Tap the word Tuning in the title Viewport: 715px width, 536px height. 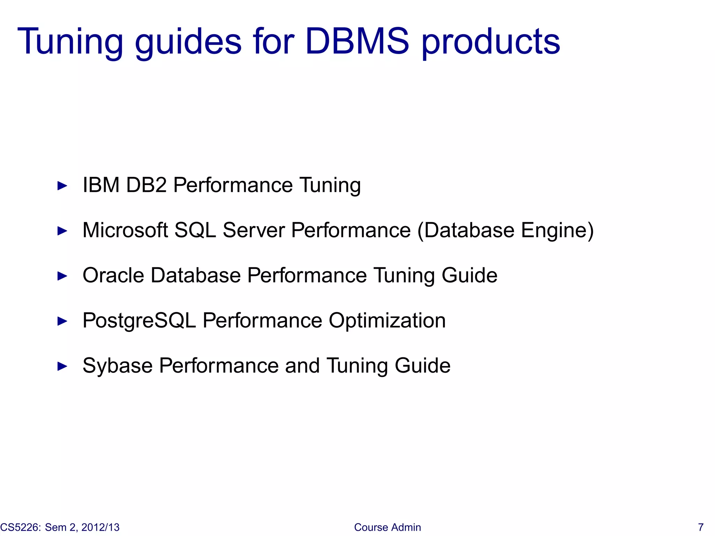70,42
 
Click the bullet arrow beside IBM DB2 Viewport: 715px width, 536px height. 62,186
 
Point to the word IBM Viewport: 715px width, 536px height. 101,185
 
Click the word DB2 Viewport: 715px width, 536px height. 146,185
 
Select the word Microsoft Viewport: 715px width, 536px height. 125,230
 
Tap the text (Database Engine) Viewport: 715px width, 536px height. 506,230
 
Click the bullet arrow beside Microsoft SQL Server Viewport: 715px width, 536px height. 62,231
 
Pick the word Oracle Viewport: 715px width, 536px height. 113,275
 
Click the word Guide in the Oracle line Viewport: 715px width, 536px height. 469,275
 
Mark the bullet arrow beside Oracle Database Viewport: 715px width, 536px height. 62,276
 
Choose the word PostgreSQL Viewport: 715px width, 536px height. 139,321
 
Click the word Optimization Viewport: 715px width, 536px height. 387,321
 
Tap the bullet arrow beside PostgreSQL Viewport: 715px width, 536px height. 62,321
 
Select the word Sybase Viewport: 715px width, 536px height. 117,366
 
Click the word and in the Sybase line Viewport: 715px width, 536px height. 302,366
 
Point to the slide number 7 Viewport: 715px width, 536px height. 700,527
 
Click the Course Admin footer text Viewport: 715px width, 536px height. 387,527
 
